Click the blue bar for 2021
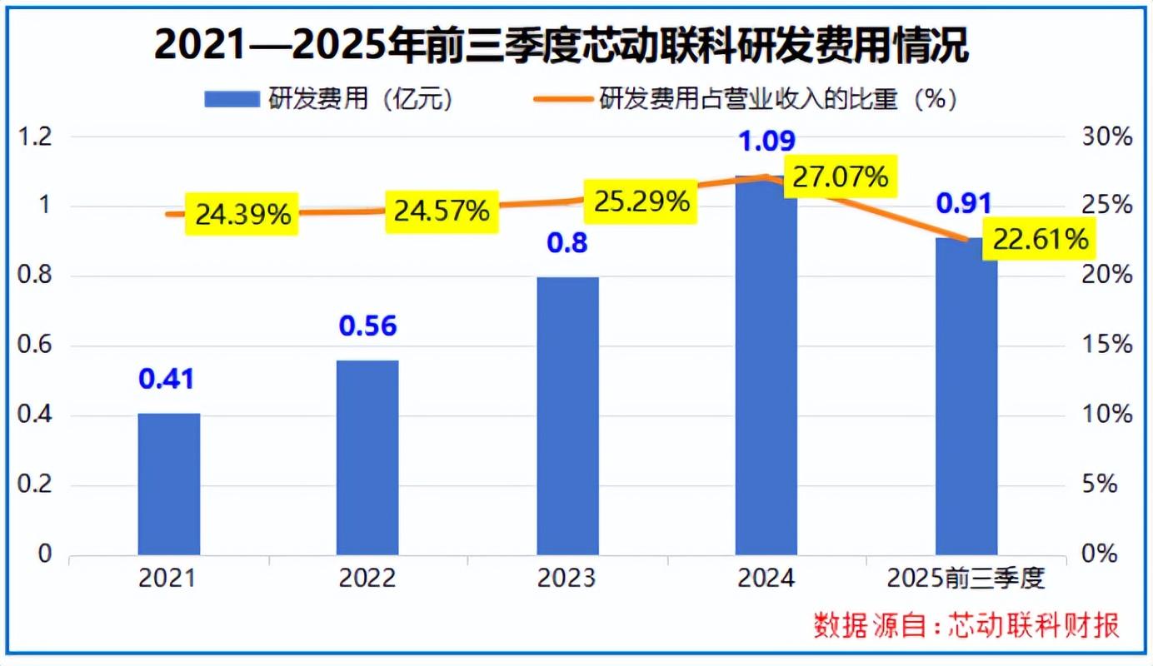(169, 484)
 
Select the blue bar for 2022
(367, 457)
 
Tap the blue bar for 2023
(567, 415)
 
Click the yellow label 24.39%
(242, 215)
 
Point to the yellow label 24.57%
(442, 211)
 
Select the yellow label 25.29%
(641, 201)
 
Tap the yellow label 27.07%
(840, 176)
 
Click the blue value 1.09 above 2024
(766, 141)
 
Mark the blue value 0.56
(367, 326)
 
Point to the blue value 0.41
(167, 380)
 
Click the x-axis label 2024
(766, 578)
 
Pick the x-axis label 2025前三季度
(966, 578)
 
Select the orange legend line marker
(562, 99)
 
